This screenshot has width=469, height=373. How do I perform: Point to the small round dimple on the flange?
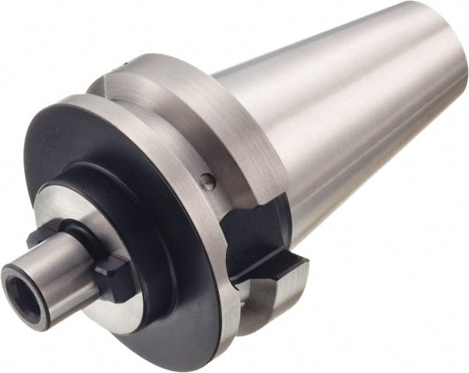tap(207, 182)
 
